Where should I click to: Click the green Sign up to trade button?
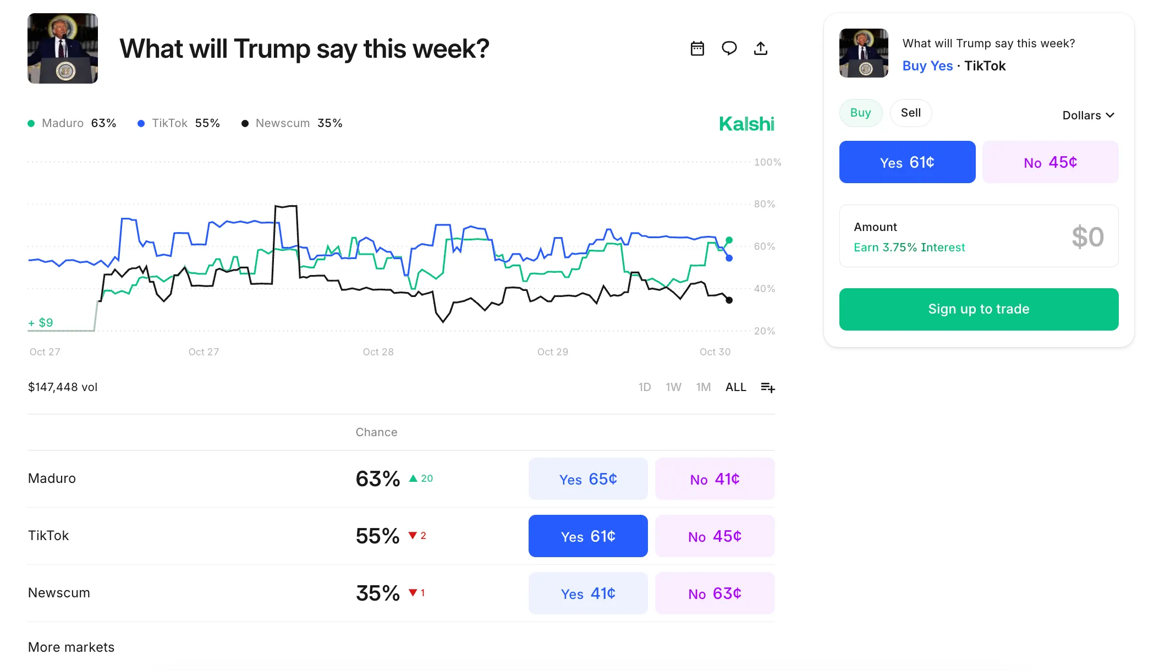point(978,309)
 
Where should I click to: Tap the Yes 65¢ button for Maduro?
point(587,479)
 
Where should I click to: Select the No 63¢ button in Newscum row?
point(714,593)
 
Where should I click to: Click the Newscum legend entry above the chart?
point(292,123)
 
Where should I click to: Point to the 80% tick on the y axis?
point(764,204)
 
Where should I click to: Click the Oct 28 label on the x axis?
point(378,352)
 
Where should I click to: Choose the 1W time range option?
point(673,387)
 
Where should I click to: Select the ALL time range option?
point(735,387)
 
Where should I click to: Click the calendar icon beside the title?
point(697,48)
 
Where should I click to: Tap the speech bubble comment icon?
point(729,48)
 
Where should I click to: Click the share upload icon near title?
point(760,48)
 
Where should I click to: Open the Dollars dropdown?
point(1087,116)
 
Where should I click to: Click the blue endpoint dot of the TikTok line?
point(729,258)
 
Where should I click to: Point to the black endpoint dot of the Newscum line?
point(729,300)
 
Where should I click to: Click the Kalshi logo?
point(746,124)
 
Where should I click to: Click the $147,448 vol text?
point(63,387)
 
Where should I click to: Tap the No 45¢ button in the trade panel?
point(1049,162)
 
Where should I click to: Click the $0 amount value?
point(1087,237)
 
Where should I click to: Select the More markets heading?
point(71,647)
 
